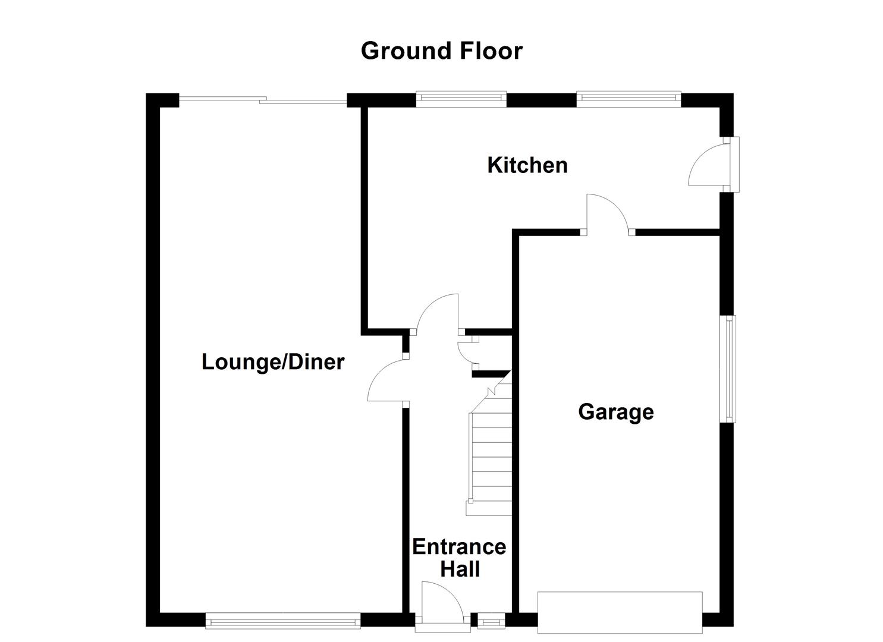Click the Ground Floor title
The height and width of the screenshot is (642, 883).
tap(441, 51)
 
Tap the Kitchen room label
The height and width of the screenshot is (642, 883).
tap(527, 165)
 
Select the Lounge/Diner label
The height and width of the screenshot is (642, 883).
tap(273, 361)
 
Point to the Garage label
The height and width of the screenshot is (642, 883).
tap(616, 411)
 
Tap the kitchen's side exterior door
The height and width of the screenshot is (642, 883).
tap(708, 166)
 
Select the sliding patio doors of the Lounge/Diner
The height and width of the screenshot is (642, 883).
tap(262, 101)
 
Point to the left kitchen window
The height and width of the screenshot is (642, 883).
tap(461, 99)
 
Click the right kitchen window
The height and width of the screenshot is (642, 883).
tap(628, 99)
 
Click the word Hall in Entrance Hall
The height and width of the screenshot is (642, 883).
tap(460, 569)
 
